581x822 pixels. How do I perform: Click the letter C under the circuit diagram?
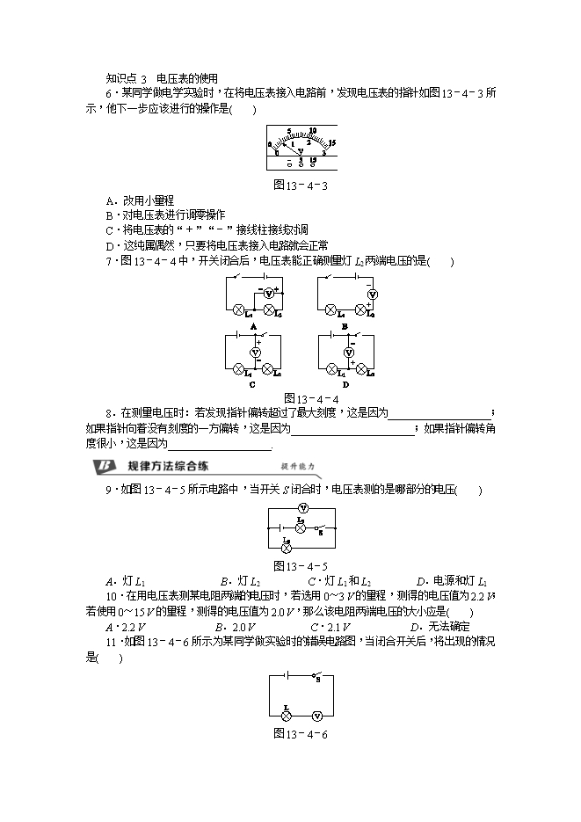pyautogui.click(x=252, y=385)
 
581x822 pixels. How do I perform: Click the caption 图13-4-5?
pyautogui.click(x=301, y=565)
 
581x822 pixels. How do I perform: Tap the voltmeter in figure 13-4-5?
pyautogui.click(x=302, y=509)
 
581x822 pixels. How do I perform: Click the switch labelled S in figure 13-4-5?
pyautogui.click(x=320, y=528)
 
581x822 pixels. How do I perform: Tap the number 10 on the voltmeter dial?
pyautogui.click(x=313, y=132)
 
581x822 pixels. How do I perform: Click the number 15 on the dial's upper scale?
pyautogui.click(x=334, y=142)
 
